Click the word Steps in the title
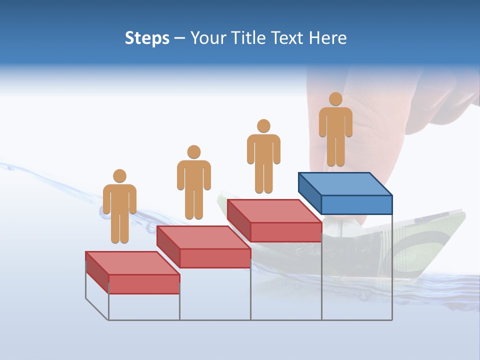pyautogui.click(x=147, y=38)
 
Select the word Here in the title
pyautogui.click(x=328, y=38)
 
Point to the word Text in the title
pyautogui.click(x=289, y=38)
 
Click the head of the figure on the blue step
pyautogui.click(x=335, y=99)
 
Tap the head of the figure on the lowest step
pyautogui.click(x=119, y=176)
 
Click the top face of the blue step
pyautogui.click(x=345, y=183)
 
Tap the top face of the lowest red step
pyautogui.click(x=132, y=263)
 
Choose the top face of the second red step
pyautogui.click(x=203, y=237)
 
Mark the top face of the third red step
pyautogui.click(x=274, y=211)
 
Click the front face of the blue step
pyautogui.click(x=356, y=204)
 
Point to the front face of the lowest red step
pyautogui.click(x=144, y=284)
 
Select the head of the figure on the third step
pyautogui.click(x=263, y=126)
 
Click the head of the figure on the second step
pyautogui.click(x=193, y=152)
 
